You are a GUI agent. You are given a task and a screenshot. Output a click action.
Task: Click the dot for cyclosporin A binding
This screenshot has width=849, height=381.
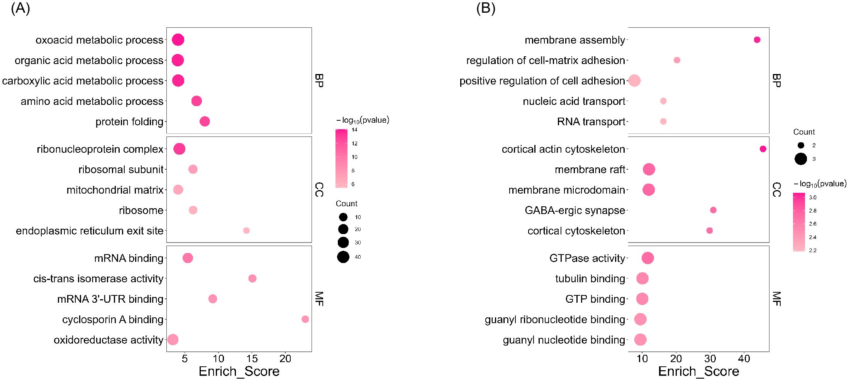(x=305, y=319)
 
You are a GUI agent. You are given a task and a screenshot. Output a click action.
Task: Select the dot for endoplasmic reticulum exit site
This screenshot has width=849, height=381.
(x=246, y=231)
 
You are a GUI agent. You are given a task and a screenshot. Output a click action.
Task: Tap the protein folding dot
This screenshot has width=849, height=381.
(x=205, y=121)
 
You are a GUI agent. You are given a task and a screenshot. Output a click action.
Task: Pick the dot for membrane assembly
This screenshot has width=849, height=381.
(x=757, y=40)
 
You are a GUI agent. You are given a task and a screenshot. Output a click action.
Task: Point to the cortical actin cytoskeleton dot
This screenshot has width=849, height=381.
(x=763, y=149)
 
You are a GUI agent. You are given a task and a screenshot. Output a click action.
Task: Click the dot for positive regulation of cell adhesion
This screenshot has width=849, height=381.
(x=634, y=81)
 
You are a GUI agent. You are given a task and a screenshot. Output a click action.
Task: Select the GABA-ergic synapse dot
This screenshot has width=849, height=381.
(x=713, y=210)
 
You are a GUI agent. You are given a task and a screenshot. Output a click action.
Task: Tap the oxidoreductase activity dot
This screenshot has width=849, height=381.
(x=173, y=340)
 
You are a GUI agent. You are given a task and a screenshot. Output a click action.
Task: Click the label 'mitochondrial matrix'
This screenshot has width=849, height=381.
(x=115, y=190)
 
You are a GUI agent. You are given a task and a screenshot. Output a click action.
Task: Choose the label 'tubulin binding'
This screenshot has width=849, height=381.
(x=590, y=279)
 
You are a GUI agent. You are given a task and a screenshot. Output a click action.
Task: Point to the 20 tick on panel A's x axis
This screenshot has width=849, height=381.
(x=285, y=359)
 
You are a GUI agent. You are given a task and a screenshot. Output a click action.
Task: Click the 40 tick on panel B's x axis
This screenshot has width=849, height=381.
(x=744, y=359)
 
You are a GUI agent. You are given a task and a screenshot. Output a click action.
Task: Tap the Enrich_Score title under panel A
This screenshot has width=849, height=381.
(x=239, y=371)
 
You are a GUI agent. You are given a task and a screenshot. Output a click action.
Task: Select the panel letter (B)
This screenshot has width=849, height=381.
(x=486, y=8)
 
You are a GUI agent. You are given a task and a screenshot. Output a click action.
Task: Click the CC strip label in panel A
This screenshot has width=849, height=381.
(x=319, y=190)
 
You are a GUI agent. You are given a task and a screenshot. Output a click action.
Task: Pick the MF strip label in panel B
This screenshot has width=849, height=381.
(x=776, y=299)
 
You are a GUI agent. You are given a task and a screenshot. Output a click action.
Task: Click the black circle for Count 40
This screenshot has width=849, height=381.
(x=343, y=257)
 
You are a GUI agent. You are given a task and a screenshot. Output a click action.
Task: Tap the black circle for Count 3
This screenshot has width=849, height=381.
(x=801, y=159)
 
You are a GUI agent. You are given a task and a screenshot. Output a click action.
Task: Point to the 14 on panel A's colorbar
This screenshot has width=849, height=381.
(x=354, y=130)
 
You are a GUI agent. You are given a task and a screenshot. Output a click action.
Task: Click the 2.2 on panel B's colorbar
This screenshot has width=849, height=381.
(x=813, y=250)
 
